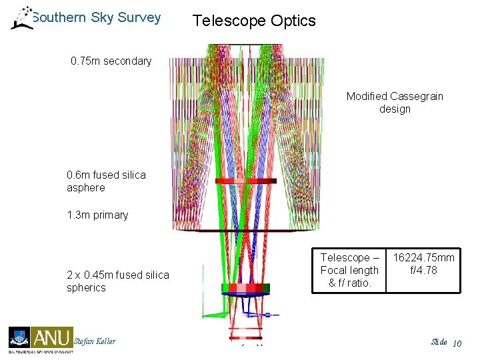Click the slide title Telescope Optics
point(254,21)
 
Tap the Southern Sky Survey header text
point(97,17)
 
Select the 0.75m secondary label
point(111,61)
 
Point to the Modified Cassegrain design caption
point(395,103)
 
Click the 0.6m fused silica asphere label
point(106,181)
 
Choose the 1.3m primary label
point(97,215)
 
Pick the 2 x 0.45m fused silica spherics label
point(118,281)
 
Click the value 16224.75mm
point(424,258)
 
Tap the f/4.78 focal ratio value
point(424,270)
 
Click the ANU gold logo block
point(51,337)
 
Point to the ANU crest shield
point(19,337)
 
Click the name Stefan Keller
point(95,341)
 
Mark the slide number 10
point(457,343)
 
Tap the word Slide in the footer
point(439,342)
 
